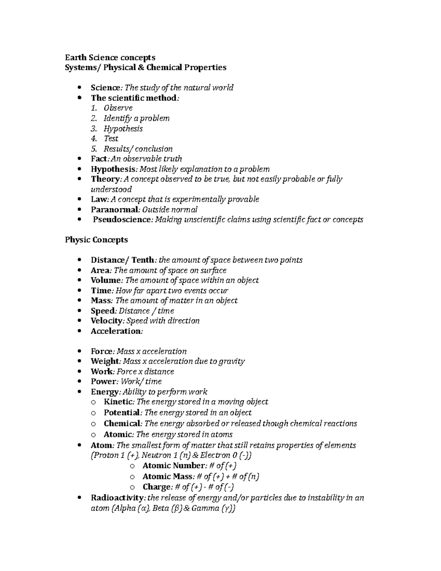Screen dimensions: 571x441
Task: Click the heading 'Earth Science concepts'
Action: point(110,57)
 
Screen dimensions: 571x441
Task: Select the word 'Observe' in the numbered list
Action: point(118,108)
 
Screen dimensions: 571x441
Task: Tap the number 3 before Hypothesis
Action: point(94,129)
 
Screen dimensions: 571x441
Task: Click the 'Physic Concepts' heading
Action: point(96,240)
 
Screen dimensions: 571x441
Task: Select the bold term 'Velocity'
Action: point(106,321)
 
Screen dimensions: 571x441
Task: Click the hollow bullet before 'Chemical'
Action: point(93,424)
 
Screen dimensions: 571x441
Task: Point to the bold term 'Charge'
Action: point(157,487)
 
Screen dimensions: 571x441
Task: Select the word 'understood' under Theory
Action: point(111,189)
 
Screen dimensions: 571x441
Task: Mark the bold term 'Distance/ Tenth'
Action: point(122,260)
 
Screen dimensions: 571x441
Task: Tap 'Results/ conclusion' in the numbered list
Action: point(138,149)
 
